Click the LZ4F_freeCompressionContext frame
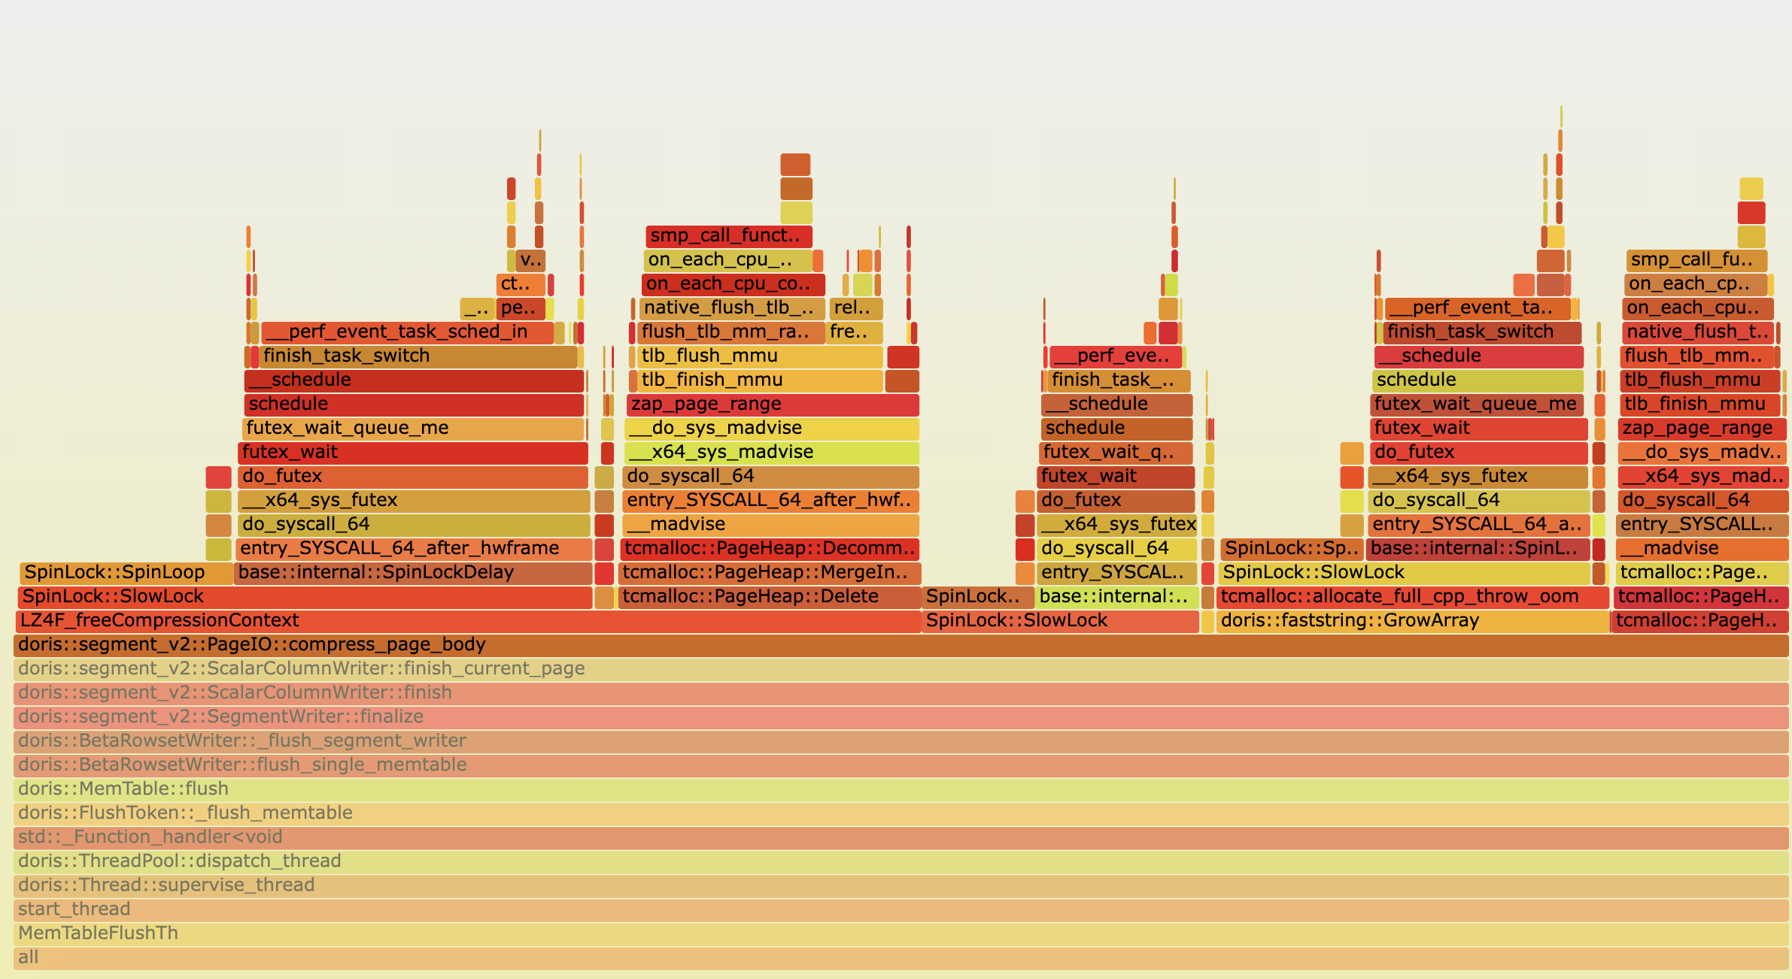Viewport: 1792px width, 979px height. tap(466, 621)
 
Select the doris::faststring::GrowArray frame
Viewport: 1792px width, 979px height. tap(1411, 621)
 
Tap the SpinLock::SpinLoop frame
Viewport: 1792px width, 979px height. tap(125, 573)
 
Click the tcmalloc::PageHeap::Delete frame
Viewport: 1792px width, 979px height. tap(767, 597)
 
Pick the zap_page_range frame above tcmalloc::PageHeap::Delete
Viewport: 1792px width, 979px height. tap(771, 405)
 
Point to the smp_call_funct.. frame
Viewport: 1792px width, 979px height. tap(728, 236)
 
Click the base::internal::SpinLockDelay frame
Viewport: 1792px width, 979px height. tap(412, 573)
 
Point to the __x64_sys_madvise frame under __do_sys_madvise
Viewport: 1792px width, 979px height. tap(771, 453)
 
